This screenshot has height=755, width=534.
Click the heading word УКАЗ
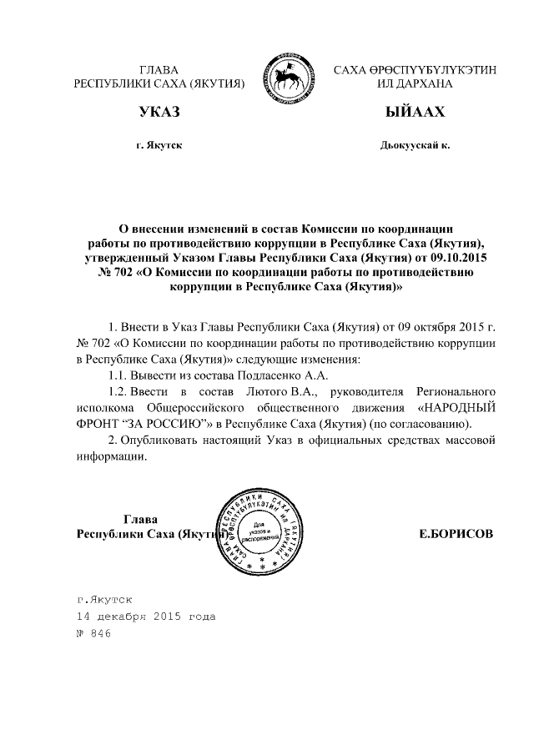[159, 112]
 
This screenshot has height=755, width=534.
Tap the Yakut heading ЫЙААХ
[415, 112]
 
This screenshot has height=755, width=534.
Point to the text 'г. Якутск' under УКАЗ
[159, 145]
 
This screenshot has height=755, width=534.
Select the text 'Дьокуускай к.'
[415, 145]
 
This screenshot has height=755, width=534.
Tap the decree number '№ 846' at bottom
[93, 634]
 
